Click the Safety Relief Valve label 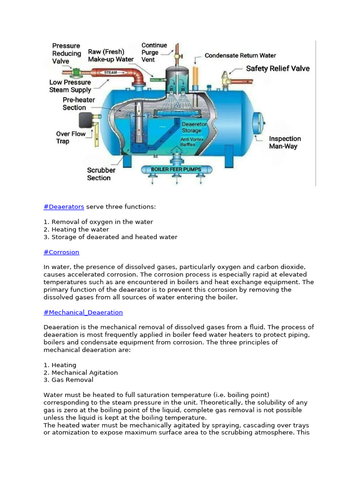pyautogui.click(x=278, y=68)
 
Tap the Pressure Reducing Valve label pyautogui.click(x=66, y=53)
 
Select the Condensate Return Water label pyautogui.click(x=240, y=55)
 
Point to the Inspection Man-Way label pyautogui.click(x=285, y=142)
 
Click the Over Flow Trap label pyautogui.click(x=71, y=137)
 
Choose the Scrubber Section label pyautogui.click(x=101, y=174)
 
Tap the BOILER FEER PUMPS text pyautogui.click(x=176, y=169)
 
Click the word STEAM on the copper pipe pyautogui.click(x=111, y=73)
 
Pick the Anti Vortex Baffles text pyautogui.click(x=191, y=142)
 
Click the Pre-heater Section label pyautogui.click(x=79, y=104)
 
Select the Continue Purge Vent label pyautogui.click(x=154, y=52)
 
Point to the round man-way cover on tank pyautogui.click(x=257, y=123)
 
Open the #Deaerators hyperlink pyautogui.click(x=64, y=207)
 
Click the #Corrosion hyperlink pyautogui.click(x=61, y=252)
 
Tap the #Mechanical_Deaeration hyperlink pyautogui.click(x=83, y=312)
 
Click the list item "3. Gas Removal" pyautogui.click(x=68, y=380)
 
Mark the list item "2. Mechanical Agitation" pyautogui.click(x=81, y=372)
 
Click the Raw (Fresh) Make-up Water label pyautogui.click(x=111, y=55)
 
